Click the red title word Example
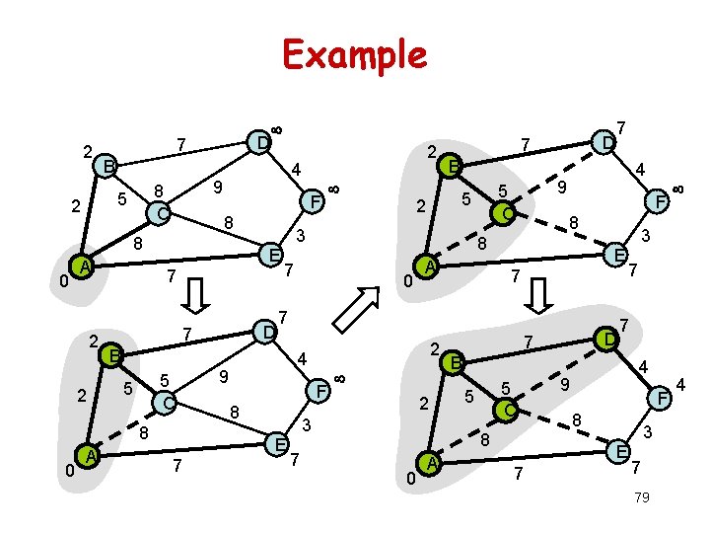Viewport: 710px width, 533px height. pyautogui.click(x=354, y=54)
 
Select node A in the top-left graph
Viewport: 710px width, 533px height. pyautogui.click(x=86, y=266)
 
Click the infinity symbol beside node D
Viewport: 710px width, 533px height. pyautogui.click(x=277, y=129)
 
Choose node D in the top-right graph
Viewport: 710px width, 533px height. pyautogui.click(x=607, y=143)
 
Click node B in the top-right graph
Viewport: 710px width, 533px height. pyautogui.click(x=452, y=165)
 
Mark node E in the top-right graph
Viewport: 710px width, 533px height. pyautogui.click(x=618, y=254)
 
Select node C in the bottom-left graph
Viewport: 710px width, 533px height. pyautogui.click(x=168, y=404)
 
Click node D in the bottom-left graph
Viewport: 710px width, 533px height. pyautogui.click(x=265, y=332)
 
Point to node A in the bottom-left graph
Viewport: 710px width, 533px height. pyautogui.click(x=90, y=455)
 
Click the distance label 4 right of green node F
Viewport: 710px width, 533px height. pyautogui.click(x=680, y=382)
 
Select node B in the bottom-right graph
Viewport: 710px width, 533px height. pyautogui.click(x=455, y=362)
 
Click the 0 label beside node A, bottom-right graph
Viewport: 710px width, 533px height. pyautogui.click(x=409, y=479)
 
